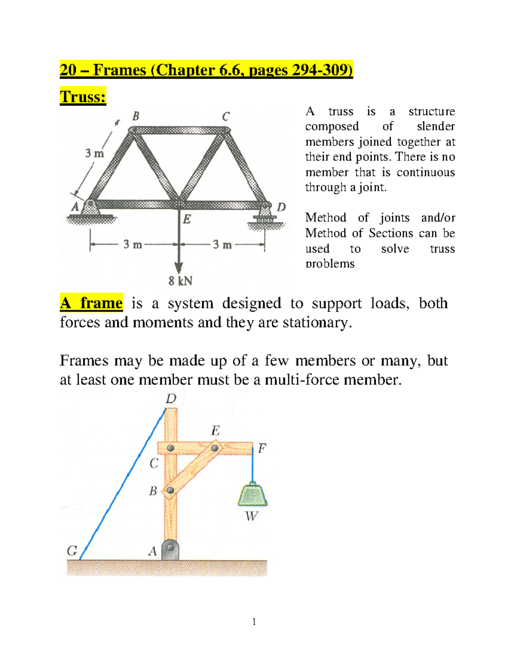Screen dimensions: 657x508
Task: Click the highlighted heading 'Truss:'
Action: [83, 96]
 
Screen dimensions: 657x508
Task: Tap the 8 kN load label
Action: [180, 281]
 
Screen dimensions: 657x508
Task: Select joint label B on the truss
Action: [135, 116]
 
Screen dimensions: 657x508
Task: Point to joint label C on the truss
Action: [226, 116]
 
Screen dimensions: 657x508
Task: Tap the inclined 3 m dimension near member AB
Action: [94, 153]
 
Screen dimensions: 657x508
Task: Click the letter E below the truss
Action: [187, 219]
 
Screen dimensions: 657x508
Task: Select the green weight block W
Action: [252, 495]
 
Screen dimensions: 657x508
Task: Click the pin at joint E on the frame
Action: [215, 448]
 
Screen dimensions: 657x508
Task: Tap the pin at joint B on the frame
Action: [170, 490]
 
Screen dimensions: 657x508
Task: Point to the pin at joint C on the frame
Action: [171, 448]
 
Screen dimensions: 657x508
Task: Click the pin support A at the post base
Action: [170, 549]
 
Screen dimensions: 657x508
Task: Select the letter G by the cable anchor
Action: [72, 550]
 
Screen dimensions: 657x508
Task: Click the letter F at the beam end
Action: [262, 448]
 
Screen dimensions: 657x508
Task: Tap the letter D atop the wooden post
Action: [171, 399]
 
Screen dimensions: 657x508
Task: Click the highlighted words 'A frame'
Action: [91, 303]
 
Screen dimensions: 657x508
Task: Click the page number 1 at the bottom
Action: [254, 621]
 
